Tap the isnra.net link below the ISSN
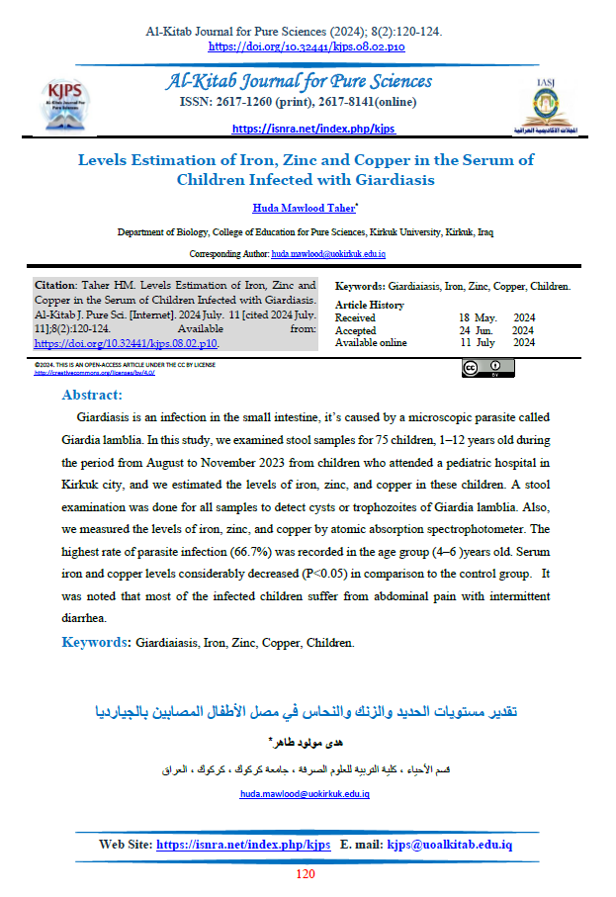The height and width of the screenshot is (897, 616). coord(312,129)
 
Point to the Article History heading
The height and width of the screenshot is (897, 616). coord(370,305)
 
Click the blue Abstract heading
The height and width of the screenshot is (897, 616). coord(92,395)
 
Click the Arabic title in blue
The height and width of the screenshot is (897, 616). coord(307,712)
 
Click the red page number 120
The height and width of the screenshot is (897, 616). coord(306,874)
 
